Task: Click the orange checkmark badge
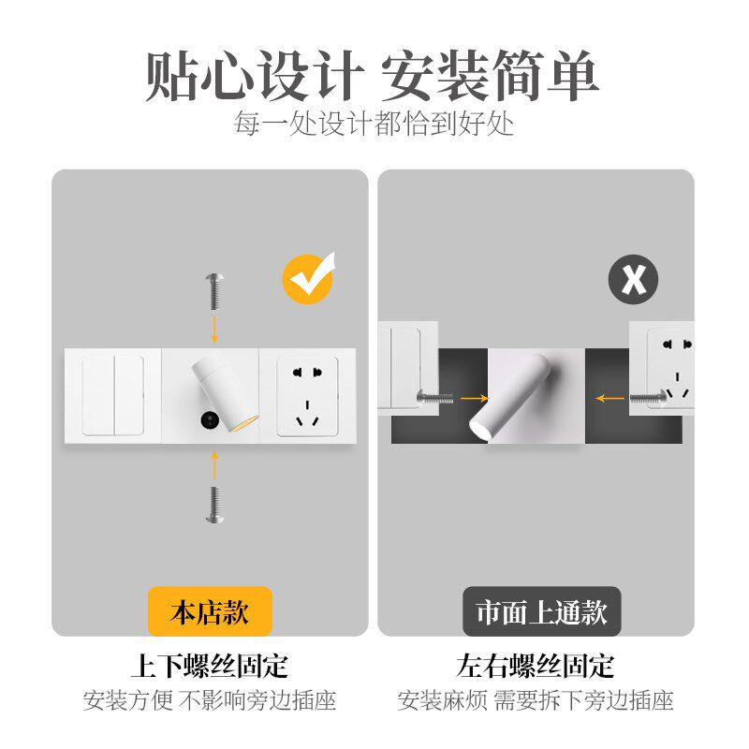tap(308, 278)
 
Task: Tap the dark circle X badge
tap(633, 279)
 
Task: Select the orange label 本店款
tap(210, 612)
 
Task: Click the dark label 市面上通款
tap(542, 612)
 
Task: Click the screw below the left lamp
tap(214, 502)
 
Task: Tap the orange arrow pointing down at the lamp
tap(214, 329)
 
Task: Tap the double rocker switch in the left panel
tap(112, 394)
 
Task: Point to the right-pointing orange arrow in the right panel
tap(474, 398)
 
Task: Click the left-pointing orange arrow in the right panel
tap(611, 398)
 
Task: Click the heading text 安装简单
tap(490, 77)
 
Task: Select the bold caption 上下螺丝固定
tap(210, 667)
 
